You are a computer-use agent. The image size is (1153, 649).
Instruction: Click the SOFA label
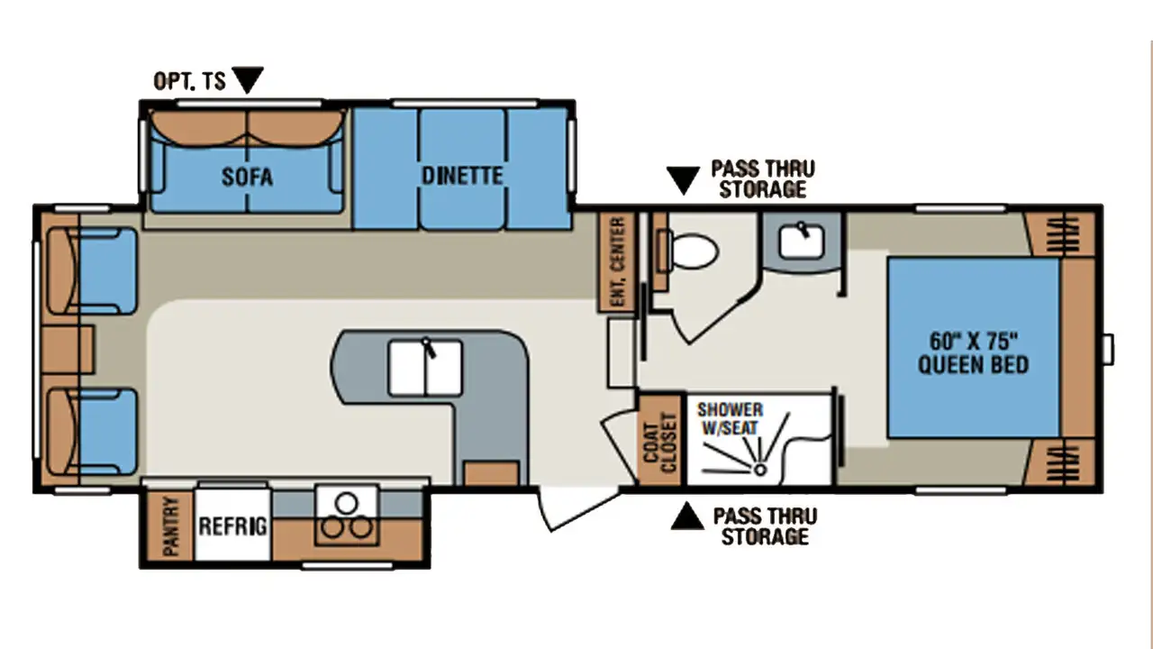point(247,178)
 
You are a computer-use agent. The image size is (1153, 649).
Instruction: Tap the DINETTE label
point(462,176)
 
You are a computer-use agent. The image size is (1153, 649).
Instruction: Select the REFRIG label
point(232,526)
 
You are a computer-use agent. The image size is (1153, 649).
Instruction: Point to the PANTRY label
point(170,526)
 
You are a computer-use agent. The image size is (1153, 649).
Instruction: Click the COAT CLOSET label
point(659,442)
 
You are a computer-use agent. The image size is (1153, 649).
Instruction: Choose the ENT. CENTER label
point(618,261)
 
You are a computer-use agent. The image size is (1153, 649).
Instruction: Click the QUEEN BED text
point(974,365)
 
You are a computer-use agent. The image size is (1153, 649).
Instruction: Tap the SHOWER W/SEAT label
point(730,418)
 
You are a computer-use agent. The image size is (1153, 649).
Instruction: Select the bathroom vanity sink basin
point(801,241)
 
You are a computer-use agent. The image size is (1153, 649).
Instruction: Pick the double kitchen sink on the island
point(425,367)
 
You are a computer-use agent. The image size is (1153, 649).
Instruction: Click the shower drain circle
point(759,470)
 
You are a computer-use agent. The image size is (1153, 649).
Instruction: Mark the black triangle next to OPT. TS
point(248,78)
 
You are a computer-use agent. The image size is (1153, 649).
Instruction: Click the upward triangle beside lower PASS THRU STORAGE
point(687,516)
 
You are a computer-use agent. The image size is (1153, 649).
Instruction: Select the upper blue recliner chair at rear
point(93,271)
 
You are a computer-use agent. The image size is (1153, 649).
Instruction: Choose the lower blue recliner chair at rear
point(93,432)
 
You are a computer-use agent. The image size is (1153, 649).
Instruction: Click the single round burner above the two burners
point(347,503)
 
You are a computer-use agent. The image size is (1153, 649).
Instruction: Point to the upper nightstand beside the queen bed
point(1059,234)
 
